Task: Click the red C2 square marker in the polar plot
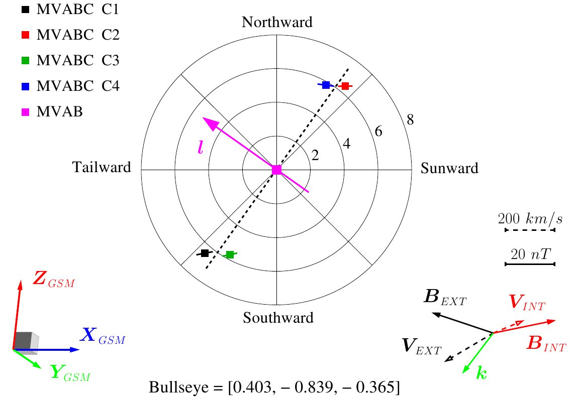tap(345, 86)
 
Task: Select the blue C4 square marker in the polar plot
tap(326, 85)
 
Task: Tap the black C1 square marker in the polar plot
tap(205, 253)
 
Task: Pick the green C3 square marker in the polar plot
tap(230, 254)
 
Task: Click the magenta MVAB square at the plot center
tap(276, 170)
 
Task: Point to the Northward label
tap(277, 22)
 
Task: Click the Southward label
tap(278, 318)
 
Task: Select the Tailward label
tap(102, 167)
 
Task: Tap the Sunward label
tap(449, 168)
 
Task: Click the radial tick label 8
tap(410, 119)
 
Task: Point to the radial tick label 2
tap(315, 156)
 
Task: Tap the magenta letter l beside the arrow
tap(200, 147)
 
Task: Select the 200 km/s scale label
tap(530, 218)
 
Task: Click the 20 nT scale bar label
tap(531, 253)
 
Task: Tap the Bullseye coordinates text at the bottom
tap(274, 387)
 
